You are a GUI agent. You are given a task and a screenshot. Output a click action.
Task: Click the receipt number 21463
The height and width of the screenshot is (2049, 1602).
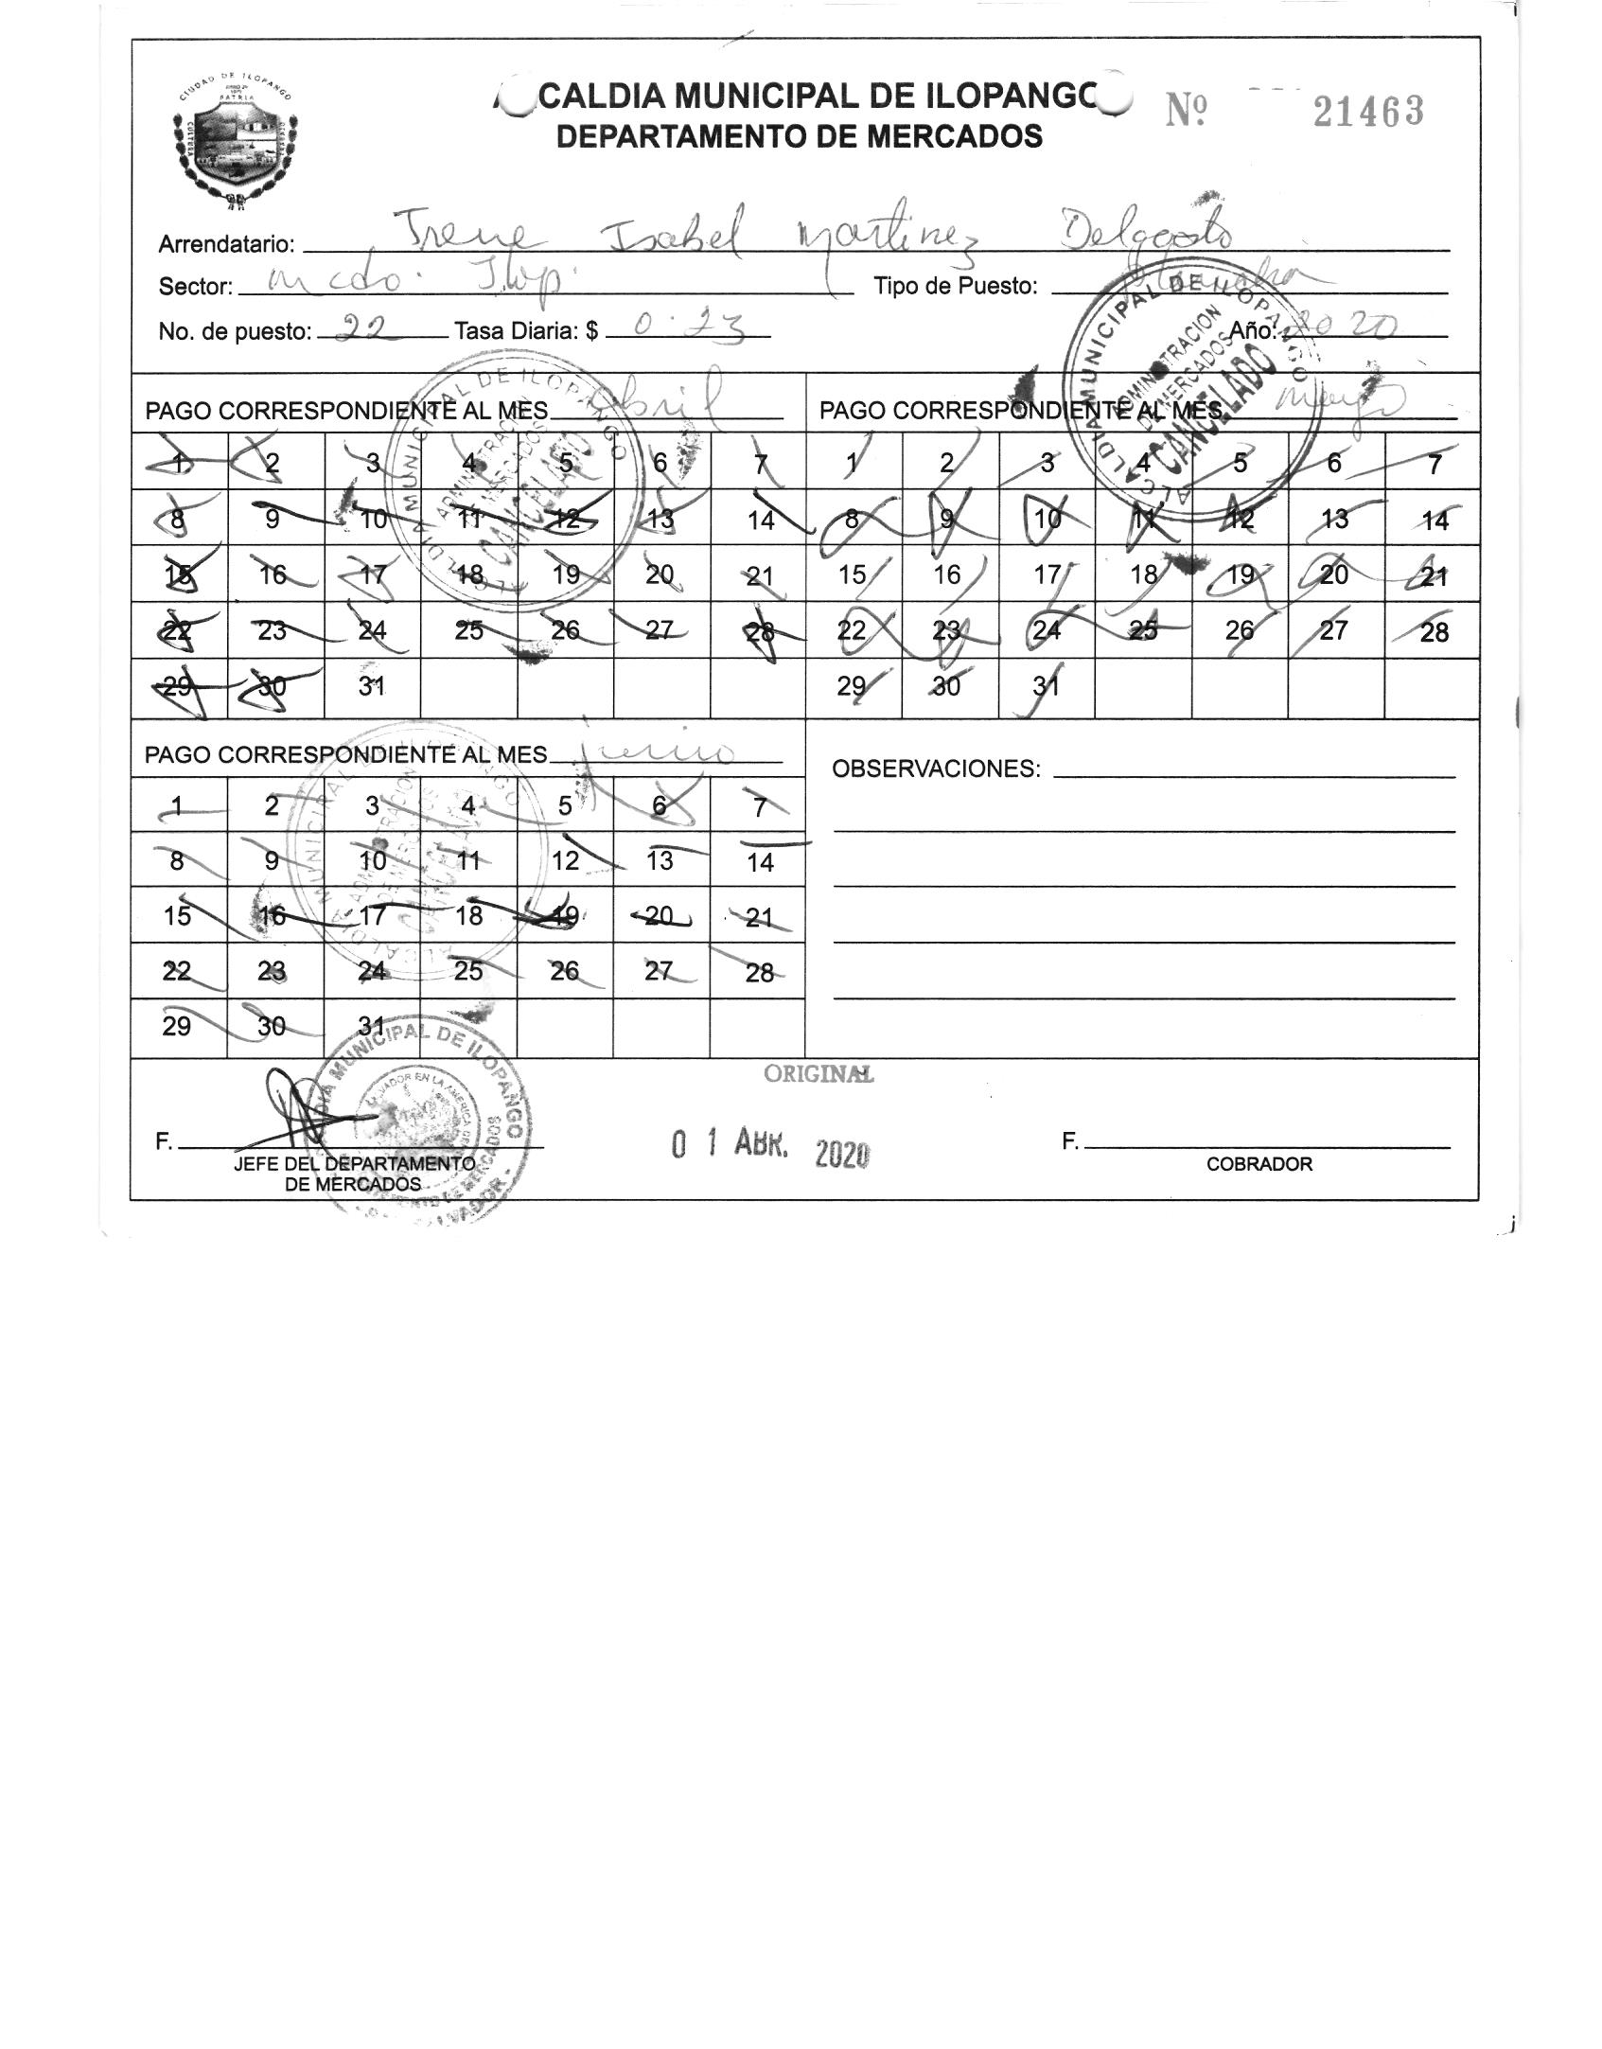(1367, 113)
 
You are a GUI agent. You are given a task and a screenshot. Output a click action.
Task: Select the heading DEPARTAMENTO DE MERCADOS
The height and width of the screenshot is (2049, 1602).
(799, 137)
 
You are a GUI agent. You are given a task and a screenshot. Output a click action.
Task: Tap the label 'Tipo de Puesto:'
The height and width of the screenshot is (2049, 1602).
(955, 287)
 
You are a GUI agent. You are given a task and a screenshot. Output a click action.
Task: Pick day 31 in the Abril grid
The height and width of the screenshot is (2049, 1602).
(372, 686)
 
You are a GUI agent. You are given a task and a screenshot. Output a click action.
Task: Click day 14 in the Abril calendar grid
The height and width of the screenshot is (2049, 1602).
(760, 519)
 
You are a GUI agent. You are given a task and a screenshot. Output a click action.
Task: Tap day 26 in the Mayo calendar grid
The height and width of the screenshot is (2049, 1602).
(1239, 630)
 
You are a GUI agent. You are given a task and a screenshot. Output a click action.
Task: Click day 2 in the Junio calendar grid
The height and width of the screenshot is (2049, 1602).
(273, 805)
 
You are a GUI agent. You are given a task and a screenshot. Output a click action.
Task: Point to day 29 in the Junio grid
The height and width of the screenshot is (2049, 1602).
(177, 1027)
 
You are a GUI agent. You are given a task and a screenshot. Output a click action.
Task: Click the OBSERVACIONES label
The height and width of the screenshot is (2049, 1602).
(936, 768)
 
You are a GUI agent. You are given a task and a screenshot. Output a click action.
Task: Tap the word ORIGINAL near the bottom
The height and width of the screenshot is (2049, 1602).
(819, 1074)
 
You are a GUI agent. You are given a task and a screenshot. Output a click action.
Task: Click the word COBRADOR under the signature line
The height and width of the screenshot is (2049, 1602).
(1259, 1165)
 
